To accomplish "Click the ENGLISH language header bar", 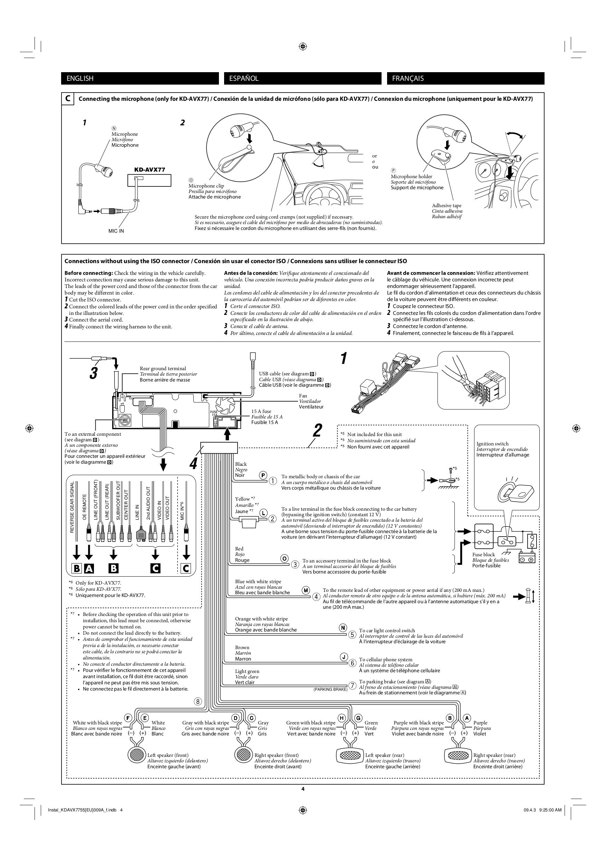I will pyautogui.click(x=140, y=78).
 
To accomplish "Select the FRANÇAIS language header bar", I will pyautogui.click(x=465, y=78).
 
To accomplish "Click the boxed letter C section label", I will pyautogui.click(x=68, y=99).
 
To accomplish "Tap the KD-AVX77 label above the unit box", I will pyautogui.click(x=150, y=170).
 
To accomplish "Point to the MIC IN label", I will pyautogui.click(x=116, y=231).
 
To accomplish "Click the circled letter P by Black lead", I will pyautogui.click(x=263, y=475).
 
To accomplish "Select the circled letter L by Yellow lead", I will pyautogui.click(x=263, y=513).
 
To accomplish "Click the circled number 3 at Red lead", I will pyautogui.click(x=295, y=564).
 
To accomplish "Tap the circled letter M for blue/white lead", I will pyautogui.click(x=306, y=590).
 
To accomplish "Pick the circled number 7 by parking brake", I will pyautogui.click(x=352, y=686).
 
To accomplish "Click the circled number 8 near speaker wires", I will pyautogui.click(x=198, y=701).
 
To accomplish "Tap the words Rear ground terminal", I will pyautogui.click(x=163, y=368).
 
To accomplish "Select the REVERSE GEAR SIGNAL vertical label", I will pyautogui.click(x=72, y=507).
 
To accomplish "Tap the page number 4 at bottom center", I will pyautogui.click(x=303, y=789).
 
